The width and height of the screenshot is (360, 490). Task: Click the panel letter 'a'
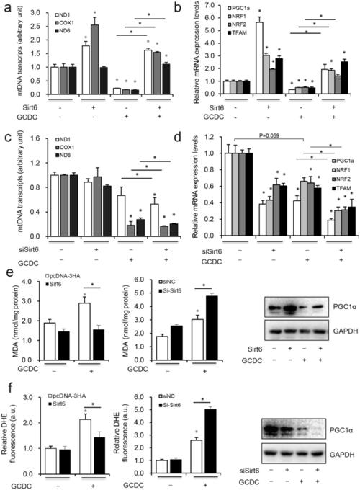[x=6, y=6]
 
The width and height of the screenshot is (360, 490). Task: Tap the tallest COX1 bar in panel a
[x=93, y=54]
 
